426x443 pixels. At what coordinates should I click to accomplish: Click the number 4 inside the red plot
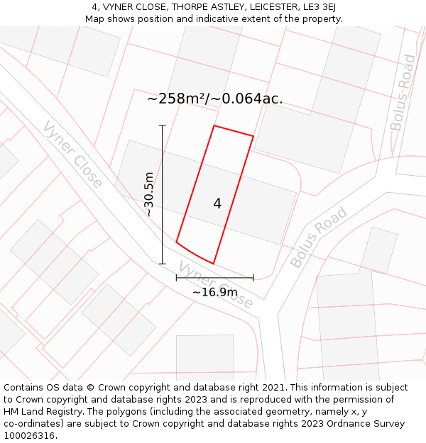point(217,204)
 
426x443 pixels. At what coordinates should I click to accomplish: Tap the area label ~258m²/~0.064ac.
point(214,99)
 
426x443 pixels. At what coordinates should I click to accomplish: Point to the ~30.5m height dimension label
point(149,194)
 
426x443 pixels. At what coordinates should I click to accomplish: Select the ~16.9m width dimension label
point(214,292)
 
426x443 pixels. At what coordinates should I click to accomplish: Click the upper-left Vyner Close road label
point(72,154)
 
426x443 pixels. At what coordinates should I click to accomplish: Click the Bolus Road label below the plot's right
point(319,237)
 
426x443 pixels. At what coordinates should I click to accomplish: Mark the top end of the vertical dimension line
point(163,126)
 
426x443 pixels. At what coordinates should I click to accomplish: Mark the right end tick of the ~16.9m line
point(253,277)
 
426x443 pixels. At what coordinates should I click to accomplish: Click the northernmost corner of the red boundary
point(214,126)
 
